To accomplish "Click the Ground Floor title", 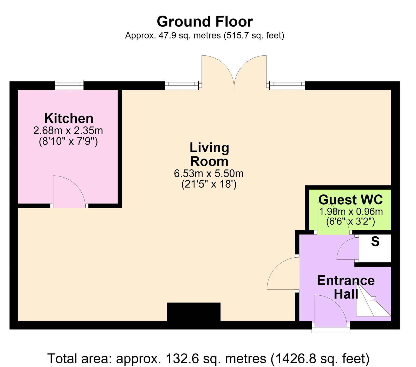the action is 205,22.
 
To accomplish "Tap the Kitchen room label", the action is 69,118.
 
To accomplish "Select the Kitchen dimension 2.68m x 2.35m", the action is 68,130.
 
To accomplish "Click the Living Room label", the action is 209,154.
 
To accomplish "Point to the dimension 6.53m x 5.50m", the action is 209,173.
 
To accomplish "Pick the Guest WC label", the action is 350,200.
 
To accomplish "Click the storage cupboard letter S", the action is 375,242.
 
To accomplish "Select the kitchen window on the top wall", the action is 69,85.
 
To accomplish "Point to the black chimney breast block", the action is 194,312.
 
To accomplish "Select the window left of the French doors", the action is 182,85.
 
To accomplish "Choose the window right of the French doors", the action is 287,85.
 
